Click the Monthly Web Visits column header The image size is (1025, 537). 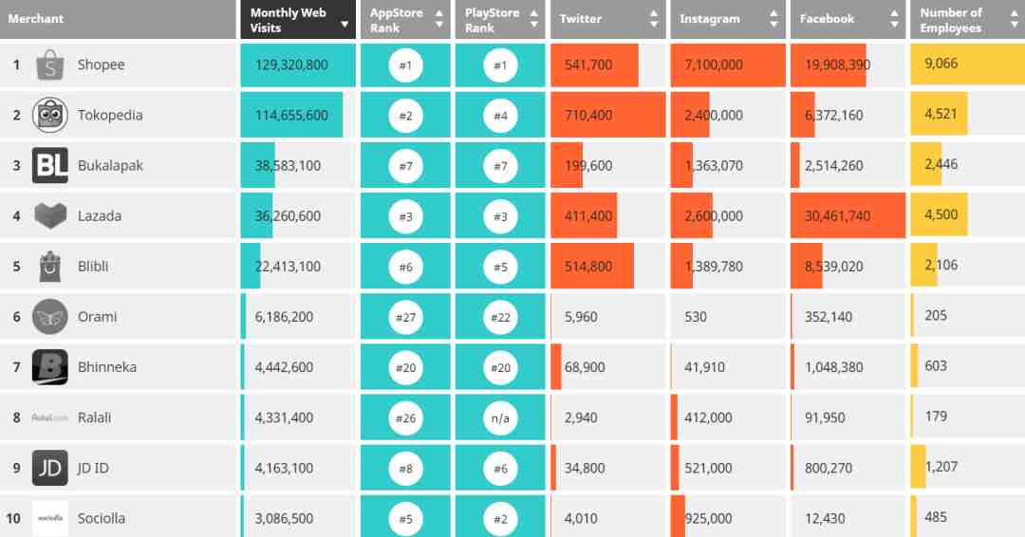click(x=289, y=20)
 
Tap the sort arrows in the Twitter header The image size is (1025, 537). click(x=654, y=19)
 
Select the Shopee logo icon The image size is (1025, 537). click(x=49, y=65)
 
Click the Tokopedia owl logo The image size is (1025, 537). click(x=49, y=116)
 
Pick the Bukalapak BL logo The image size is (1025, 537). click(x=49, y=166)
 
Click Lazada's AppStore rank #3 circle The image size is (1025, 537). click(x=405, y=216)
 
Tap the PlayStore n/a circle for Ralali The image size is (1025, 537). click(x=500, y=417)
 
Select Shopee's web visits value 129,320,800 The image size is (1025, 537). click(x=291, y=65)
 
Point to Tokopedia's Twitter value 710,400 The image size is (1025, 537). click(x=588, y=116)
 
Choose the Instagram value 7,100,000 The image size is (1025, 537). click(x=713, y=65)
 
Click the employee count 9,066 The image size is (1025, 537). click(x=941, y=65)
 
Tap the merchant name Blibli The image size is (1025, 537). click(x=93, y=267)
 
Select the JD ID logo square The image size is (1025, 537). click(x=49, y=468)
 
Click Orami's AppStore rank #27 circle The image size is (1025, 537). click(x=405, y=317)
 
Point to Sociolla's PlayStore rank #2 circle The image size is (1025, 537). click(x=500, y=518)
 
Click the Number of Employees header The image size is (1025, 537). click(x=950, y=20)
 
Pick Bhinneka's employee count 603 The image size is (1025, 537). click(x=936, y=366)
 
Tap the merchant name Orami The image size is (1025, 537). click(x=97, y=317)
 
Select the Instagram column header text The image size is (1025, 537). click(x=709, y=19)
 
